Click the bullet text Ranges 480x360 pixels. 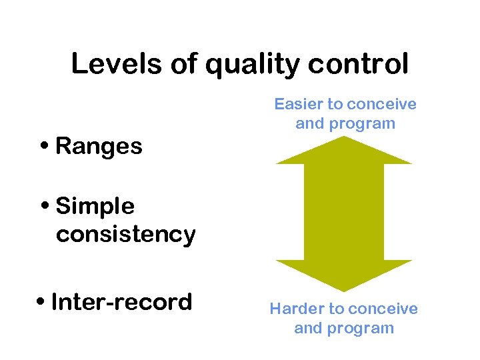(x=99, y=146)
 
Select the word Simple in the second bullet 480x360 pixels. (x=95, y=207)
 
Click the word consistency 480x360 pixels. (x=125, y=235)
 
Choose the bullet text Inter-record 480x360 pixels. (x=121, y=302)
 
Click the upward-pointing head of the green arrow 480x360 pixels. (x=344, y=151)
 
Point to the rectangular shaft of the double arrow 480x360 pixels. (x=344, y=212)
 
